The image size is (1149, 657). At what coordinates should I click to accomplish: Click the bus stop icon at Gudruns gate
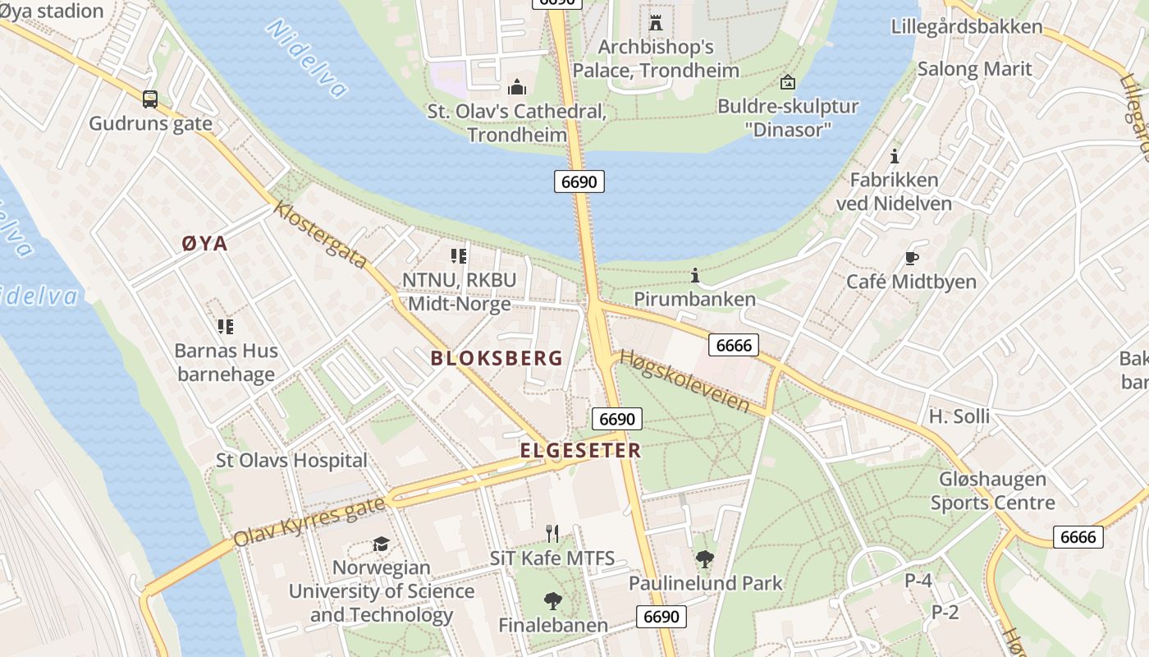pos(150,99)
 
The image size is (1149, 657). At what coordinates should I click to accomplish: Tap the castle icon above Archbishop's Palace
pos(655,22)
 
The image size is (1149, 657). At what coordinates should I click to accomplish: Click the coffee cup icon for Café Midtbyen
pos(911,258)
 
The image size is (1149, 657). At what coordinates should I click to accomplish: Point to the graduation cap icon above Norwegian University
pos(381,544)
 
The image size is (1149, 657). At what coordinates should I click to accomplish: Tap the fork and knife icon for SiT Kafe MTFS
pos(552,534)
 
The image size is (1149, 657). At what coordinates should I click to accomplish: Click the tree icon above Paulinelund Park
pos(705,560)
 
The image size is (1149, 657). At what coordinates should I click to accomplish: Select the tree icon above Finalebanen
pos(553,601)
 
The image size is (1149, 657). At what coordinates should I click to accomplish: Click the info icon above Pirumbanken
pos(694,275)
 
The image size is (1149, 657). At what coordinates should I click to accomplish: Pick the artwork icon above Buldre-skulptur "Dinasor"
pos(787,82)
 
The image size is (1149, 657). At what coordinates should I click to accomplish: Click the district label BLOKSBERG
pos(497,358)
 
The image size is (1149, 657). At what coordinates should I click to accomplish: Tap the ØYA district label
pos(204,243)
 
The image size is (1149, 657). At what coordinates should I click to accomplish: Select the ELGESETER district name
pos(579,450)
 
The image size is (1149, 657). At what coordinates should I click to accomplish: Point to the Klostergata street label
pos(321,235)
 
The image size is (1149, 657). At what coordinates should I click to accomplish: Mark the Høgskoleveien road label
pos(684,381)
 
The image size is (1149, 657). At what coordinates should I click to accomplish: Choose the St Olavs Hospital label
pos(291,460)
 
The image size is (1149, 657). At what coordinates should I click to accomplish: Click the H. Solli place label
pos(959,416)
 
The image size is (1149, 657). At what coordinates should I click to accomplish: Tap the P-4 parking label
pos(918,581)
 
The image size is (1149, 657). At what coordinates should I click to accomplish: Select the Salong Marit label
pos(974,68)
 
